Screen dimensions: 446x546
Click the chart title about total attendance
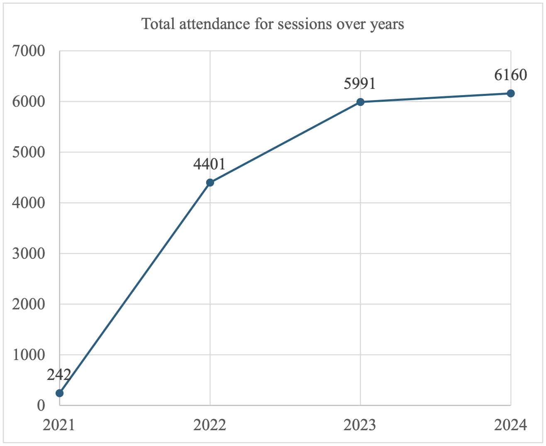click(x=273, y=24)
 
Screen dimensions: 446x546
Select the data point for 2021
click(x=60, y=393)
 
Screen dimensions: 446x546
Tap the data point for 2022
click(x=210, y=182)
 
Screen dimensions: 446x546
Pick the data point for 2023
click(x=360, y=102)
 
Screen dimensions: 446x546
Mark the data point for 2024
click(x=511, y=93)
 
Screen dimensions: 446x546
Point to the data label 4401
click(x=209, y=164)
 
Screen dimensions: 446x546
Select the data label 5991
click(x=360, y=83)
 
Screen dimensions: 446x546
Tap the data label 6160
click(x=510, y=75)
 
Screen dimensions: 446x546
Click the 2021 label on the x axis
click(x=59, y=426)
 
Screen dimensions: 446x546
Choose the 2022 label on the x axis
click(x=210, y=426)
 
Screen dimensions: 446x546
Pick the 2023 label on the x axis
click(x=360, y=426)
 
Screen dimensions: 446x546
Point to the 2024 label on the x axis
click(x=511, y=426)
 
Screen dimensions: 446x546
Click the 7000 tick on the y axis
click(x=29, y=51)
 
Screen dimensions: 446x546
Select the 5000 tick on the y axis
click(x=29, y=152)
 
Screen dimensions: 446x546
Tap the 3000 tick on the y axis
click(x=29, y=254)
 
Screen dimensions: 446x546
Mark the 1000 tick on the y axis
click(x=29, y=355)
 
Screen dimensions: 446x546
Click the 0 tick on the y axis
click(x=41, y=406)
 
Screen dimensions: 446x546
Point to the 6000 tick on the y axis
click(x=29, y=102)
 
